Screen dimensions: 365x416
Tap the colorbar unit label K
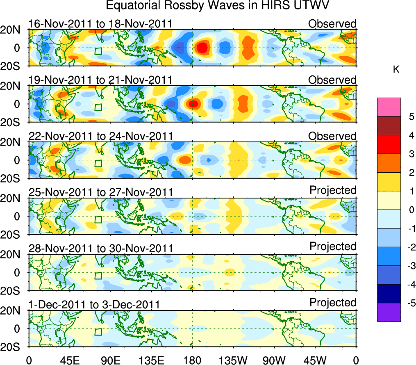[396, 70]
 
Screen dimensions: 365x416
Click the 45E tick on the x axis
[69, 360]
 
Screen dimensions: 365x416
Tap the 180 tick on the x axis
[192, 360]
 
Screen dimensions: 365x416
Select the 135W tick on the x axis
[233, 360]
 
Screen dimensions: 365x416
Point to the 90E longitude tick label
[110, 360]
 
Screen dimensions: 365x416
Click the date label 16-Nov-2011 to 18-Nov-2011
[100, 24]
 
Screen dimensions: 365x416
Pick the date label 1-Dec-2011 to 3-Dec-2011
[94, 305]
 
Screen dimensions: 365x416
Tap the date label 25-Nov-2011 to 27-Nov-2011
[100, 192]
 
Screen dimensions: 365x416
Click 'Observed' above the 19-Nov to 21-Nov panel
[332, 80]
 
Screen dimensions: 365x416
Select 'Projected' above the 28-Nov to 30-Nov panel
[333, 246]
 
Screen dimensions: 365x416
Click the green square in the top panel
[98, 51]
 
